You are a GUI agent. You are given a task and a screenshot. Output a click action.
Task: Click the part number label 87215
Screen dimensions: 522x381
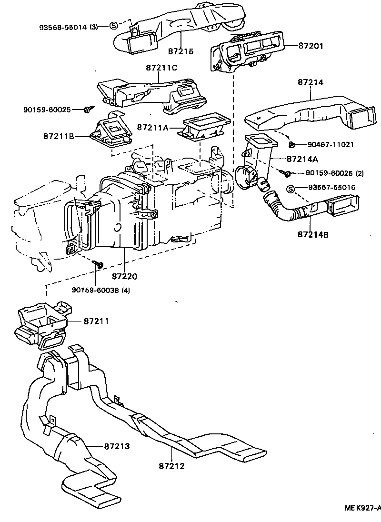(x=180, y=50)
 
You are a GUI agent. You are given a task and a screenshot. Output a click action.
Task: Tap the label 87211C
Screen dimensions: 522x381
(x=161, y=68)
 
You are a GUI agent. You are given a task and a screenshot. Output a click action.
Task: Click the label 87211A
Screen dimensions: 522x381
(x=153, y=128)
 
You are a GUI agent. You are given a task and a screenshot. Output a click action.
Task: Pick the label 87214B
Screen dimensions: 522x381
(x=313, y=234)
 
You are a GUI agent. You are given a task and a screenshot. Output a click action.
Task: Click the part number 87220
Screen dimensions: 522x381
(x=125, y=276)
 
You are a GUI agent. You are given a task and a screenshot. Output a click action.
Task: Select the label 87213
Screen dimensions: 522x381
(x=117, y=446)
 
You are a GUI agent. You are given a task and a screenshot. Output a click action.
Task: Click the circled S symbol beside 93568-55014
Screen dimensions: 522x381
(x=113, y=26)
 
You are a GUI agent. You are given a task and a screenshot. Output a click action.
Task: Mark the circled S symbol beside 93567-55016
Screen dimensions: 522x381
(x=291, y=189)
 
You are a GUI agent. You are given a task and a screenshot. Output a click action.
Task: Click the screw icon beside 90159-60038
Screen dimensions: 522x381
(x=99, y=263)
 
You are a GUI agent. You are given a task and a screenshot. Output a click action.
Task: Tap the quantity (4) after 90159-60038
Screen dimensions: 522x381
(x=126, y=290)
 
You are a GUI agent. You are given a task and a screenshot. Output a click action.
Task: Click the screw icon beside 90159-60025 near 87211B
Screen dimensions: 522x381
(x=87, y=110)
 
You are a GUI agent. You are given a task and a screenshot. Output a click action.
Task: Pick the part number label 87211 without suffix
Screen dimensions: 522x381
(x=96, y=321)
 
